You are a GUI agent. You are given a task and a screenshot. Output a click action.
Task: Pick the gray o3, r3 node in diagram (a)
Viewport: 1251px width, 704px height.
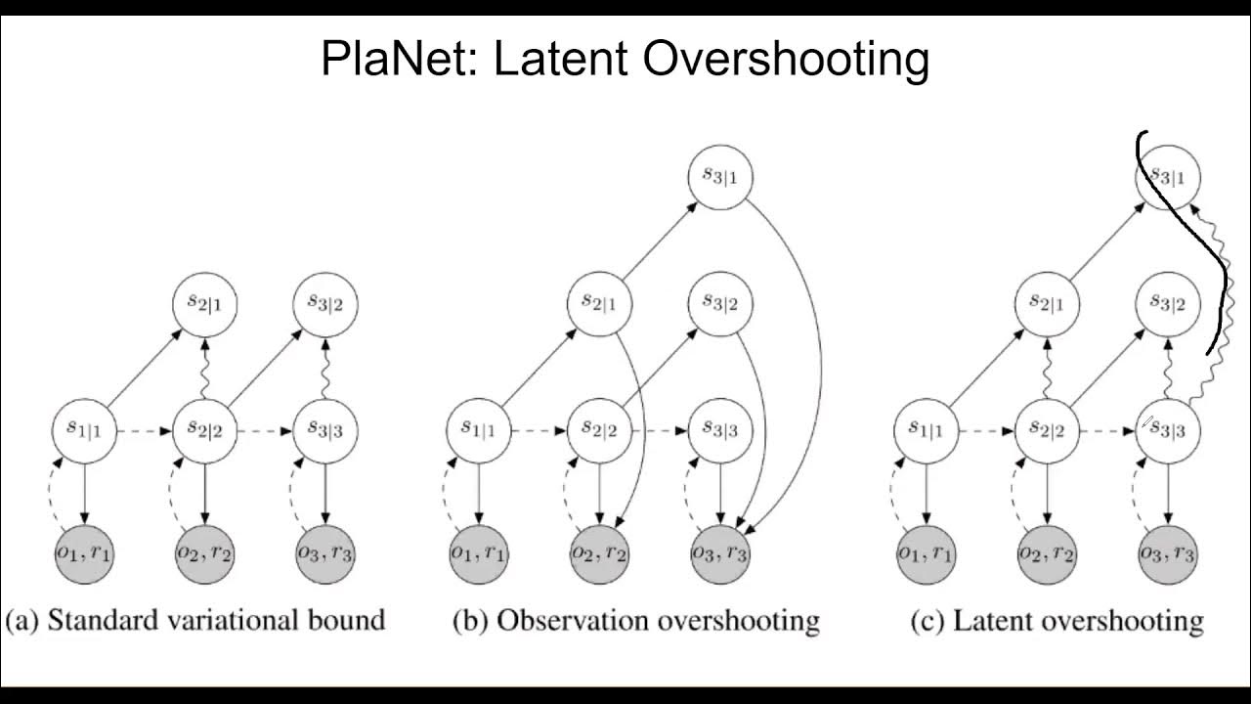tap(325, 552)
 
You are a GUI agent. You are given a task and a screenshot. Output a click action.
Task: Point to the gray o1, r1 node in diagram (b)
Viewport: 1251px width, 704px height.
tap(479, 552)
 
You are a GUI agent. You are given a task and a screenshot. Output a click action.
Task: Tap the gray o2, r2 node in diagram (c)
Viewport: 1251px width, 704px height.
tap(1047, 552)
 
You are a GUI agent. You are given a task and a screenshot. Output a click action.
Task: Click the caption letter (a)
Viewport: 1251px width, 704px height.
tap(23, 620)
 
